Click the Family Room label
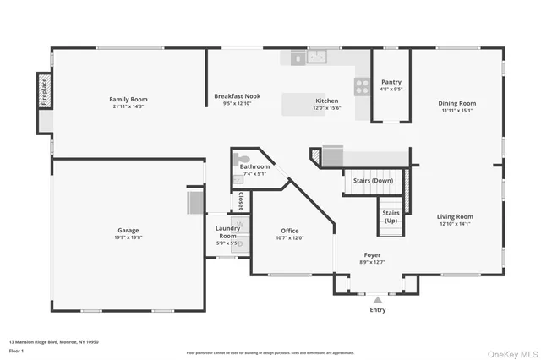point(128,99)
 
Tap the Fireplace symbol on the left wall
point(42,90)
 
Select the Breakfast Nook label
point(237,96)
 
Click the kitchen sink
point(318,57)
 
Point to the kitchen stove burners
point(362,85)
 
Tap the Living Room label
point(456,216)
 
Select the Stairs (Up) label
point(391,216)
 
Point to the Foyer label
point(372,254)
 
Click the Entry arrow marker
point(377,298)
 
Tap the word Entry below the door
point(377,310)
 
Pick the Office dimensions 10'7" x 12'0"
point(290,238)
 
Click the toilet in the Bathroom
point(242,159)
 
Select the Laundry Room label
point(227,232)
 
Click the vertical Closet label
point(241,202)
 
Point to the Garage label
point(128,231)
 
